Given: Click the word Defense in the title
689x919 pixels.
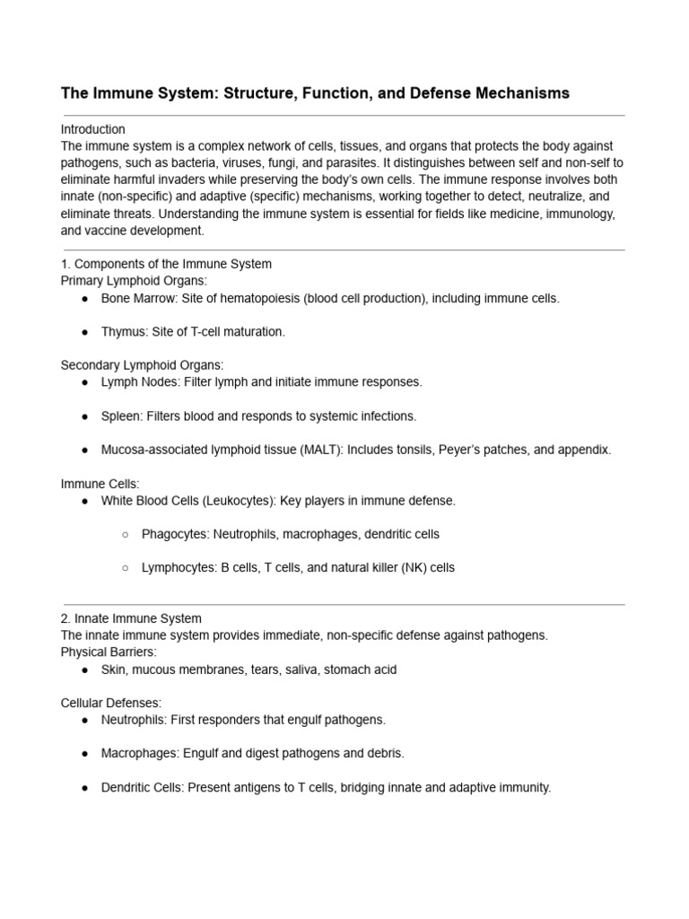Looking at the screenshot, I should click(424, 93).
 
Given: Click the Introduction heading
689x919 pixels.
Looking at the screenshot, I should click(92, 129).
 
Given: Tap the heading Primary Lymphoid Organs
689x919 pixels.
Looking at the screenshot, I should click(134, 281).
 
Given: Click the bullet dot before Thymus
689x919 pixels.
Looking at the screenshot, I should click(84, 332).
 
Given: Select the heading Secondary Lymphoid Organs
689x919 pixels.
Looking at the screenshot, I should click(142, 365).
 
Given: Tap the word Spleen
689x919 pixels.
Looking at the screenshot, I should click(120, 416).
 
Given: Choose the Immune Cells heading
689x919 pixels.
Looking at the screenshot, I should click(100, 484).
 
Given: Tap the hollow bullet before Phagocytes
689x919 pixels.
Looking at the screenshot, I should click(125, 535).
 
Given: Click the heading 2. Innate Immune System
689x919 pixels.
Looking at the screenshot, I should click(131, 618).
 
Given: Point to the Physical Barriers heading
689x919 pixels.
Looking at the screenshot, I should click(109, 652).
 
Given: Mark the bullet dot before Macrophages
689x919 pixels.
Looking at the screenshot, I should click(84, 754).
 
